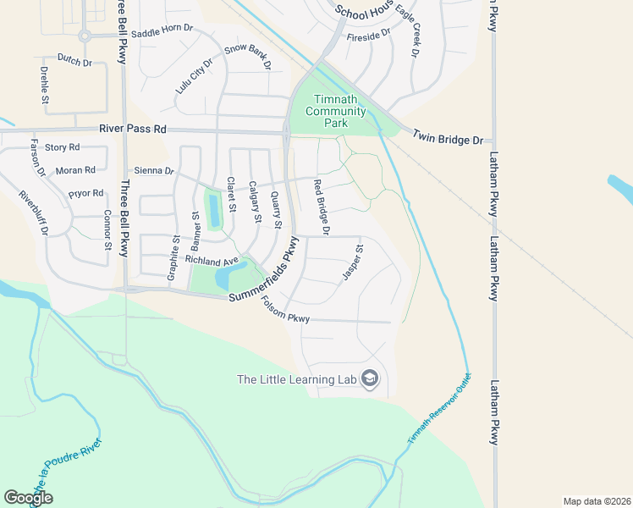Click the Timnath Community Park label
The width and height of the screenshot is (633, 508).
336,111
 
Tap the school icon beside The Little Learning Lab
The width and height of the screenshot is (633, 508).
369,378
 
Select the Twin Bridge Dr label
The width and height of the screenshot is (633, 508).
448,137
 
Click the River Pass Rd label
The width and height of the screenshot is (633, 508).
133,129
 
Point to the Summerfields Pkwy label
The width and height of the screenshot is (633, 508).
270,272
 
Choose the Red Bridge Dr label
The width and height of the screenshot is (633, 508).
321,207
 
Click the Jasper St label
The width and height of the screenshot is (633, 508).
352,262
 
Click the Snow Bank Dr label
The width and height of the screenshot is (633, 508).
248,58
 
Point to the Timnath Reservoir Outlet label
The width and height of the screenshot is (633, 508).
438,409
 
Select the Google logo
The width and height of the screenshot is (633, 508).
28,498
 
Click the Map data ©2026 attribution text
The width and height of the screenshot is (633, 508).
597,501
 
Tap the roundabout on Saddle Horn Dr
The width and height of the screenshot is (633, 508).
85,36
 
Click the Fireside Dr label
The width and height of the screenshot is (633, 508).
368,35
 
